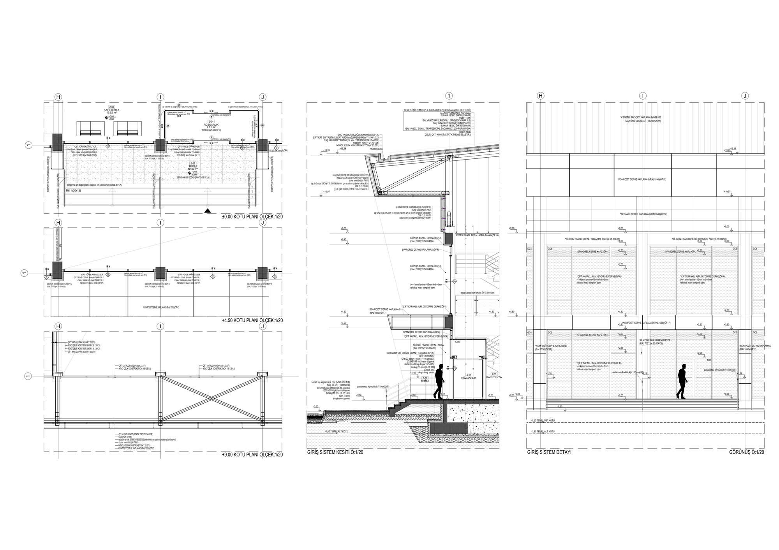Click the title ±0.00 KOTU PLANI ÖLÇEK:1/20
click(x=252, y=217)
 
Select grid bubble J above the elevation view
click(x=745, y=96)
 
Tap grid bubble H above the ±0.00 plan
click(x=58, y=97)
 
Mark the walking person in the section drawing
click(x=439, y=381)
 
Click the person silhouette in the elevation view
click(x=682, y=381)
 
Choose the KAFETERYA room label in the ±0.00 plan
click(x=111, y=110)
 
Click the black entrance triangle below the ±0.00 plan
click(x=208, y=211)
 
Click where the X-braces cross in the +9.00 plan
click(x=210, y=398)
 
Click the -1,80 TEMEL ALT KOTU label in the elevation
click(x=543, y=431)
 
